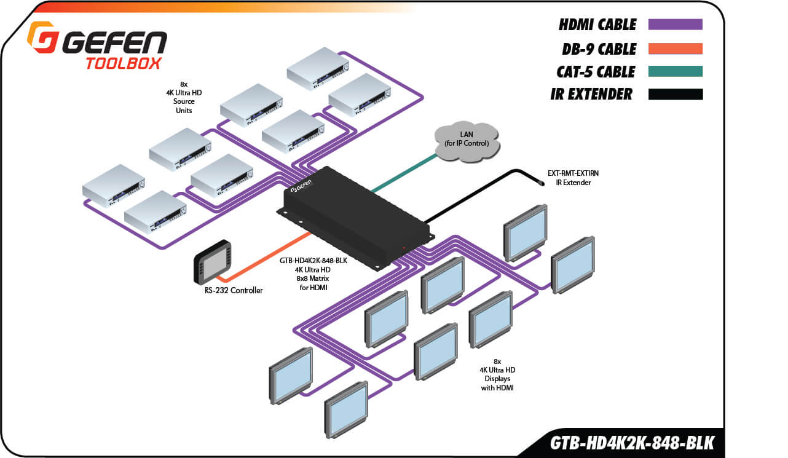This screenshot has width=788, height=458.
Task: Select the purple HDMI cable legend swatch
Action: coord(675,25)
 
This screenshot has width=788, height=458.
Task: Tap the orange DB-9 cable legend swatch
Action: coord(675,49)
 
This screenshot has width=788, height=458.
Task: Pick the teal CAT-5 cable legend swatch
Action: coord(675,71)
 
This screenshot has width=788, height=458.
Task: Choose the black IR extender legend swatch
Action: coord(675,94)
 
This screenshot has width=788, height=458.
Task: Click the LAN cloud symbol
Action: coord(467,141)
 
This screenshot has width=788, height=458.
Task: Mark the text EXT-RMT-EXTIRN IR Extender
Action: coord(573,178)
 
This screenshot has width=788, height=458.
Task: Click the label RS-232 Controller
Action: coord(234,290)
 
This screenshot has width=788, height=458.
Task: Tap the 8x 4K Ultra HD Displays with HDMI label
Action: coord(497,374)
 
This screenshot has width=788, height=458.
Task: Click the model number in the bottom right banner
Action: coord(632,443)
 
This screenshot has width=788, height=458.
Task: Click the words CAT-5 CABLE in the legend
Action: coord(595,72)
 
